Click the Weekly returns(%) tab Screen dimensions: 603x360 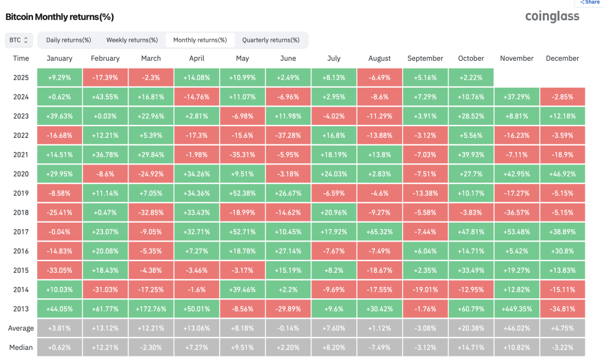(x=132, y=40)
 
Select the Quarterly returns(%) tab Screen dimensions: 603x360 (x=271, y=40)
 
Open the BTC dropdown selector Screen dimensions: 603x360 (x=18, y=40)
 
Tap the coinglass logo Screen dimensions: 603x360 (x=552, y=16)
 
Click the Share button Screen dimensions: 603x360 (x=589, y=2)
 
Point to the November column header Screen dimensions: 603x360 (x=516, y=58)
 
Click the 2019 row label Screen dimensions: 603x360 (x=21, y=193)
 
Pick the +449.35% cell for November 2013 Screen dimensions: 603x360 (x=517, y=309)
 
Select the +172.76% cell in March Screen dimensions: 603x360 (x=151, y=309)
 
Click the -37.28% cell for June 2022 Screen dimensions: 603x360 (x=288, y=136)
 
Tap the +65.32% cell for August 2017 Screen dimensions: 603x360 (x=380, y=232)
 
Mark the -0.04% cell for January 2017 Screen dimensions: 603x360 (x=59, y=232)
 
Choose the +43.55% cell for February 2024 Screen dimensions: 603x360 (x=105, y=97)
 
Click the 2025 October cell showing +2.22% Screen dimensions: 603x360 (x=471, y=78)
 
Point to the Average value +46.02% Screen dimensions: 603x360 (x=517, y=328)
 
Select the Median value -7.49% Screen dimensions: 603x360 (x=380, y=347)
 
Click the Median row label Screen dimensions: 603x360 (x=21, y=347)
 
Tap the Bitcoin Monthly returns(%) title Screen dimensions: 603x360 (x=59, y=17)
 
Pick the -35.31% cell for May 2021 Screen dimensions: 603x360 (x=242, y=154)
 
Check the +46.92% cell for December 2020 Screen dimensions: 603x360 (x=562, y=174)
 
